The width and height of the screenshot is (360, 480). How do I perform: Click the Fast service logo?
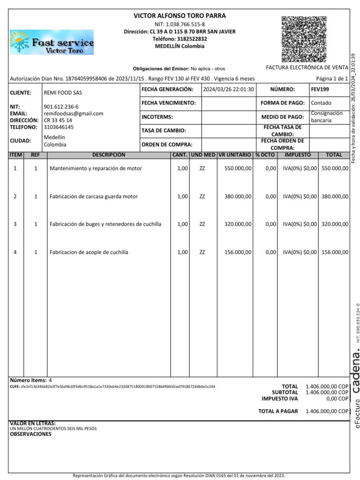52,43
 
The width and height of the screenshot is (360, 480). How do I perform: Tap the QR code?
304,39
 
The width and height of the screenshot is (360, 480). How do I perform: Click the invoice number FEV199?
317,89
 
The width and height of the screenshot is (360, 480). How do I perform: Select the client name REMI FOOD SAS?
63,93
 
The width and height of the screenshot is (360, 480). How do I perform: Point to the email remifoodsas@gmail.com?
73,113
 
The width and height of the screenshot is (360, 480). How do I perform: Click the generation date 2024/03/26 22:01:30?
228,89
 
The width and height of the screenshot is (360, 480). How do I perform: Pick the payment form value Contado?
321,103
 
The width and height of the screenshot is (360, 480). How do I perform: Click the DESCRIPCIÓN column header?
109,155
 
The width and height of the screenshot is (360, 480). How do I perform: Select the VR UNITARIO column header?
234,155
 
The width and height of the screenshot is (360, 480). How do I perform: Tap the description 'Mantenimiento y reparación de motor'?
96,168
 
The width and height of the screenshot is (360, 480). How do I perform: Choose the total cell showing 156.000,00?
335,252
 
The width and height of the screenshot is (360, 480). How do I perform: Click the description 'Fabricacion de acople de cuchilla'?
89,252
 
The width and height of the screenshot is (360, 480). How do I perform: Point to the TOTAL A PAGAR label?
278,411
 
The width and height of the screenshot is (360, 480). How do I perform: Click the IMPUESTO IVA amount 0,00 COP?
337,399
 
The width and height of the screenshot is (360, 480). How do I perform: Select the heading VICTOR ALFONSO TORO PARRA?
180,16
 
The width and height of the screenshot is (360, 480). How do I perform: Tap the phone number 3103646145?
59,127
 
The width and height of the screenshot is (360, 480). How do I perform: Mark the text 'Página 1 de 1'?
332,79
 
